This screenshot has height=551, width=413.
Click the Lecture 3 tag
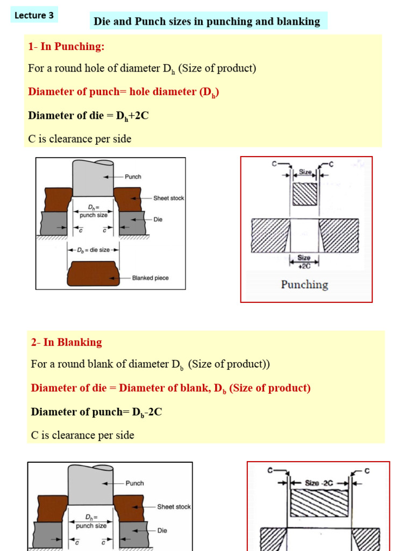click(34, 15)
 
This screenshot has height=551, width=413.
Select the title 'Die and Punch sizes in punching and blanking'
click(207, 22)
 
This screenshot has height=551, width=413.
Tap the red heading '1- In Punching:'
click(66, 46)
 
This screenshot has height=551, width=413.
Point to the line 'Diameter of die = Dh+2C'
click(88, 115)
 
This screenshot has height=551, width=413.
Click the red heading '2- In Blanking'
click(66, 342)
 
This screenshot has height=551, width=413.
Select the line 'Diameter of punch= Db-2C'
click(97, 412)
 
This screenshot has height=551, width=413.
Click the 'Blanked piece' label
click(150, 278)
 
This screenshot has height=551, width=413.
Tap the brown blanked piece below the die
click(93, 273)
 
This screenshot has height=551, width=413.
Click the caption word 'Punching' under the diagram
click(304, 285)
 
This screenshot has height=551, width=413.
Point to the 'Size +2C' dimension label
click(304, 261)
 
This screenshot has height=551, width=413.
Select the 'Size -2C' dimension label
click(319, 483)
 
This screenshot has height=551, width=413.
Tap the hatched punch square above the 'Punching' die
click(305, 195)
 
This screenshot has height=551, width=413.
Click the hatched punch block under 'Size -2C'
click(319, 504)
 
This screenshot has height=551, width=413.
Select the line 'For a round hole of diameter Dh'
click(142, 69)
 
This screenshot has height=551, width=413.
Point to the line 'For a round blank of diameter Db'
click(150, 364)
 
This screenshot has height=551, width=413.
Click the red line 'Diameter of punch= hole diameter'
click(123, 92)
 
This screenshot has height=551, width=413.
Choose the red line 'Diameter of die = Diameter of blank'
click(170, 388)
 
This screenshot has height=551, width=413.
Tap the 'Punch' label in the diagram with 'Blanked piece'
click(133, 176)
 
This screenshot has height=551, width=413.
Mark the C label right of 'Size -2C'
click(367, 471)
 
